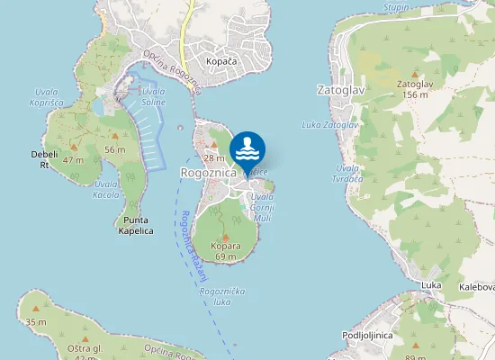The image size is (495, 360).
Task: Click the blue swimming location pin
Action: point(247,150)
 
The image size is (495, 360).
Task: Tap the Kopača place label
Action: point(220,61)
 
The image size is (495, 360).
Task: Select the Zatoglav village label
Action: point(341,90)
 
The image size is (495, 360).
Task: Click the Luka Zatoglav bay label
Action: point(330,124)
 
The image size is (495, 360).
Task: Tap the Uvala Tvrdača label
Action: point(347,174)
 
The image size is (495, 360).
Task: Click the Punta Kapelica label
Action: point(135,225)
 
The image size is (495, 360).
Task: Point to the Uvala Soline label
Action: point(153,96)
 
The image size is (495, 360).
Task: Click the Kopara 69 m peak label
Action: point(225,251)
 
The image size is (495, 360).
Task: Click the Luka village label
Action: point(430,284)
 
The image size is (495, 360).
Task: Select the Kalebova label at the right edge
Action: point(477,286)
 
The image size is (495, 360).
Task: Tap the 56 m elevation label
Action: point(114,148)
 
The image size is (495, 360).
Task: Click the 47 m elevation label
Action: point(73,160)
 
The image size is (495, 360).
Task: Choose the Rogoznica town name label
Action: point(208,171)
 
